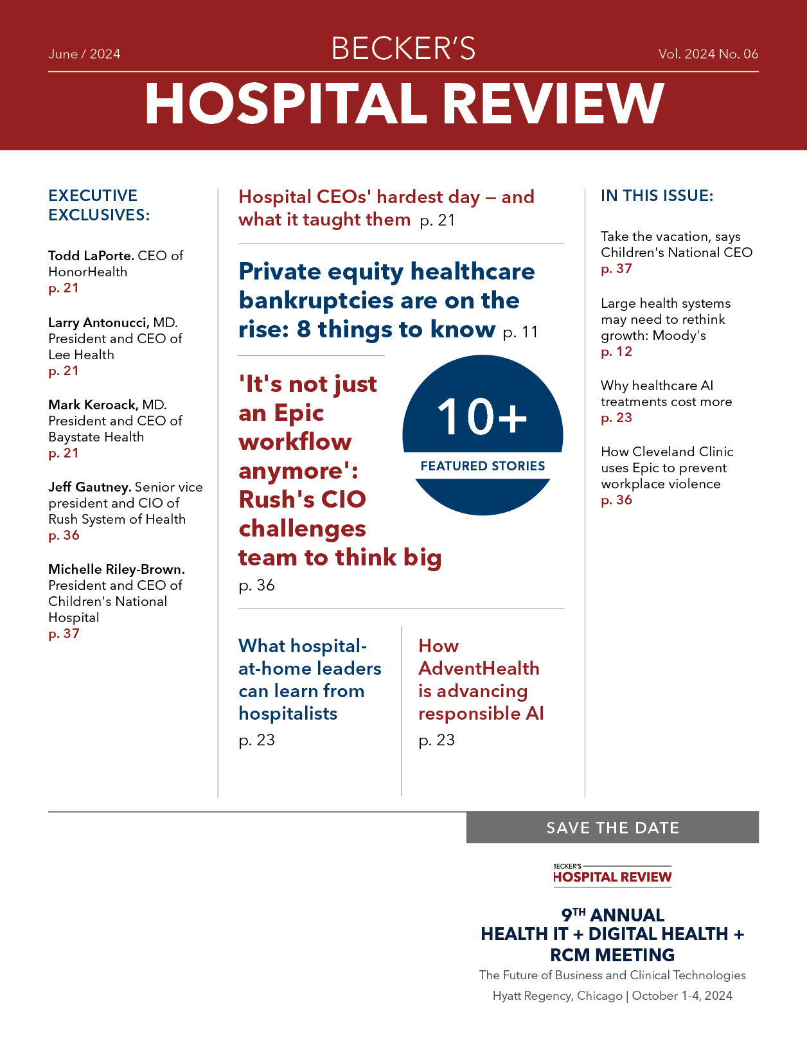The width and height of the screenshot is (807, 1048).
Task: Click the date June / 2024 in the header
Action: click(84, 54)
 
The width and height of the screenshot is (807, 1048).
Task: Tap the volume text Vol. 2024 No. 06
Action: click(708, 54)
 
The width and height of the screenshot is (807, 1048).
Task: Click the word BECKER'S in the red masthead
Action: click(404, 49)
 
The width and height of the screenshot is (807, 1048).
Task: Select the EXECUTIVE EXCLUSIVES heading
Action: click(99, 205)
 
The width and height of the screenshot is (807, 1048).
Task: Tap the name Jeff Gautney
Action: click(89, 487)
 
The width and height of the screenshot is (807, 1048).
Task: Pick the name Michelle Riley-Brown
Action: click(116, 569)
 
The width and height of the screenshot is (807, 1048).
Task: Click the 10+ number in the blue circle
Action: click(482, 417)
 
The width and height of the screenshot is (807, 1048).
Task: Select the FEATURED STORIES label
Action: click(483, 466)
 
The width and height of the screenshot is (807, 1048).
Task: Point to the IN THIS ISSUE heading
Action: click(657, 196)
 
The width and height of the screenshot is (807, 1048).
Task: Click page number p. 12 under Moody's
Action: click(617, 351)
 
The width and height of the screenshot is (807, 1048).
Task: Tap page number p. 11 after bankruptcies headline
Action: click(520, 332)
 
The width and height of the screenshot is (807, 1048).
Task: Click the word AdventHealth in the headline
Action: click(479, 668)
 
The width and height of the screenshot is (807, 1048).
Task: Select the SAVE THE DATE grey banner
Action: click(612, 828)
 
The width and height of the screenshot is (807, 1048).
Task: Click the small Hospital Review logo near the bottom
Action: click(612, 875)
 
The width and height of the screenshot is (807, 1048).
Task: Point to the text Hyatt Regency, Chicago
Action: click(557, 995)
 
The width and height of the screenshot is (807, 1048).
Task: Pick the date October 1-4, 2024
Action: click(682, 995)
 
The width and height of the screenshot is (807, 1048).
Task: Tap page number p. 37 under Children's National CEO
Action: click(617, 269)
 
